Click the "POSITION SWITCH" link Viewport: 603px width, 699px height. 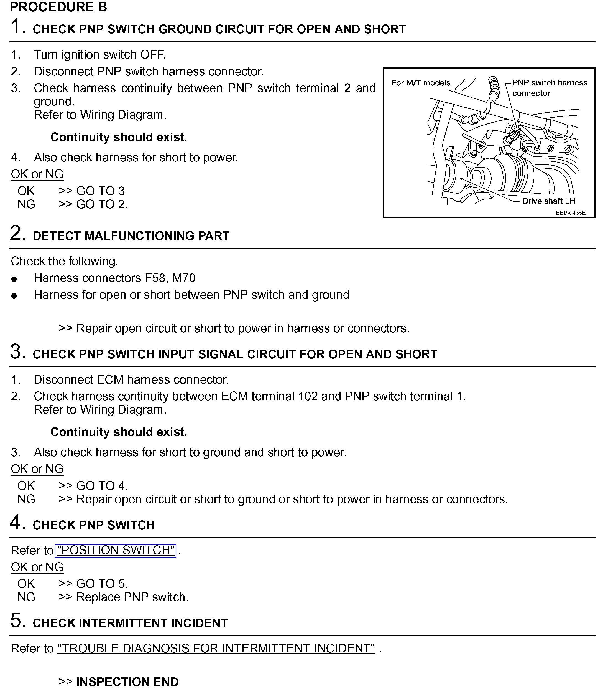click(116, 551)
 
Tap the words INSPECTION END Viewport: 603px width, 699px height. click(127, 682)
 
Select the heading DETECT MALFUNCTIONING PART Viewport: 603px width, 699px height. click(131, 236)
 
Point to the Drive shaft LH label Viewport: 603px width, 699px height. click(548, 201)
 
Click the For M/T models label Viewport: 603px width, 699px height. click(421, 83)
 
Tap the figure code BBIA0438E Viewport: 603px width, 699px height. click(570, 213)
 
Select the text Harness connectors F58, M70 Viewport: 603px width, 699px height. click(115, 278)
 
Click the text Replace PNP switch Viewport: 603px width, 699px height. click(132, 597)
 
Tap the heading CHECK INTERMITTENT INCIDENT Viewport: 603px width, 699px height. click(130, 623)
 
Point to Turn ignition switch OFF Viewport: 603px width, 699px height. click(100, 55)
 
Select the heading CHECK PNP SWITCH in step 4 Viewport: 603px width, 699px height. click(94, 525)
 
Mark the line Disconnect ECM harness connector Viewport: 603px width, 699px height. click(131, 380)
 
